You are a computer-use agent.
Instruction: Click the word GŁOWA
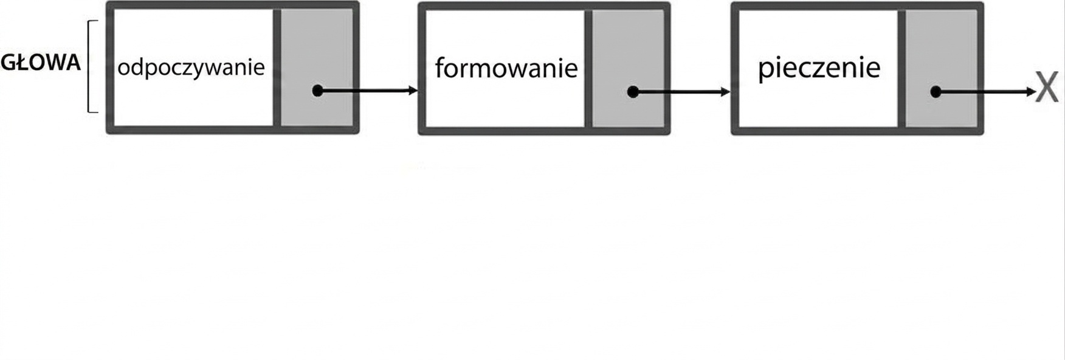(41, 63)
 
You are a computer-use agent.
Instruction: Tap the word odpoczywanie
(191, 67)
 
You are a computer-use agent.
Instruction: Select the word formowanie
(506, 67)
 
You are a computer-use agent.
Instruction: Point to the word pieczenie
(819, 68)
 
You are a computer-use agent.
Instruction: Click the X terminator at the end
(1047, 88)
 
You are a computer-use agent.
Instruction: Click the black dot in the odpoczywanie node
(317, 91)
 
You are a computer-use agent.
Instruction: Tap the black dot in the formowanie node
(633, 92)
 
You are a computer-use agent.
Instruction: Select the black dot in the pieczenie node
(936, 92)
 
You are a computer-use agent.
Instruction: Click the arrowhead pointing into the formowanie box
(414, 91)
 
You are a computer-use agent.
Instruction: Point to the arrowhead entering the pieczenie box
(725, 92)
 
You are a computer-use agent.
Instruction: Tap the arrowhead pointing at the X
(1031, 92)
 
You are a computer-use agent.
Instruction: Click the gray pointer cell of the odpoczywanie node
(317, 67)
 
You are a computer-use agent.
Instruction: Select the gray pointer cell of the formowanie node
(628, 69)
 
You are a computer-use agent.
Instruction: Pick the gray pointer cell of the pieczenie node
(941, 69)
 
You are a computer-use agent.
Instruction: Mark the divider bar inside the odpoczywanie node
(277, 67)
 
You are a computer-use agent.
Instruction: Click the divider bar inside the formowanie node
(588, 69)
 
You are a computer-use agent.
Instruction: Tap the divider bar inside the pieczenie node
(901, 69)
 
